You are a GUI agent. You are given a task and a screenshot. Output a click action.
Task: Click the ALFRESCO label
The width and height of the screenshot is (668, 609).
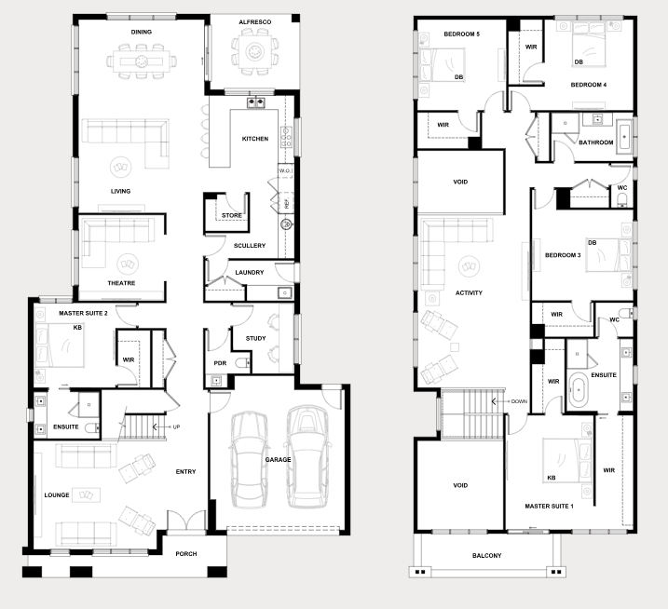[x=254, y=21]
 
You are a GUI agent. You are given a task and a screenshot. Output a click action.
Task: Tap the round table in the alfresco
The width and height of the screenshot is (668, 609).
[x=255, y=52]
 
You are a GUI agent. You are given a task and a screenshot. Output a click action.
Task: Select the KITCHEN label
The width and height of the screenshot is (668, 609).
[x=255, y=139]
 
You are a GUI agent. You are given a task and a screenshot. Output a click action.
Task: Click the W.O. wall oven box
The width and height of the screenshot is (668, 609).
[x=285, y=170]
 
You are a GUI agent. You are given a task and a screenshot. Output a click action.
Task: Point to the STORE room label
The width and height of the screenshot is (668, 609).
[x=232, y=215]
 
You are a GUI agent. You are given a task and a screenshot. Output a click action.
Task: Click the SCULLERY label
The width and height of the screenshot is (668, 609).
[x=250, y=245]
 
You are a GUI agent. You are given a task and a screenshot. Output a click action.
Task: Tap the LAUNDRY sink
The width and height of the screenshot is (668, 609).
[x=284, y=293]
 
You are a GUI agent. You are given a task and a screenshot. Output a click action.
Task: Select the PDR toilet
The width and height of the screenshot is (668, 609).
[x=242, y=363]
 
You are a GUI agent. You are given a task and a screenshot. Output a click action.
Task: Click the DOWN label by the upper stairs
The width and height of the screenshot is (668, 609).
[x=519, y=401]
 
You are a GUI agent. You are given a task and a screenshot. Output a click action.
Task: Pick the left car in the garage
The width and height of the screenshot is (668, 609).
[x=250, y=459]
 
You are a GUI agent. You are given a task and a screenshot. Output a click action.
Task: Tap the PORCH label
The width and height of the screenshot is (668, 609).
[x=186, y=554]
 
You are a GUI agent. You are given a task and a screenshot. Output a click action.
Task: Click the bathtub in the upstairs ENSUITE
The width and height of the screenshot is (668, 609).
[x=579, y=389]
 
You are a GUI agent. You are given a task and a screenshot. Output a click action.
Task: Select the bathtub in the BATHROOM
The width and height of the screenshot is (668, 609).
[x=624, y=136]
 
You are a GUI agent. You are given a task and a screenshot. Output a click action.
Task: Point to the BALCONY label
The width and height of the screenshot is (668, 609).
[x=487, y=555]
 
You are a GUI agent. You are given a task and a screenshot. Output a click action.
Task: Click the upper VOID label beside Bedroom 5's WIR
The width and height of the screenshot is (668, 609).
[x=460, y=182]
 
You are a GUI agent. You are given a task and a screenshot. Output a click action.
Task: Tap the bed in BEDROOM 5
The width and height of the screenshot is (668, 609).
[x=443, y=65]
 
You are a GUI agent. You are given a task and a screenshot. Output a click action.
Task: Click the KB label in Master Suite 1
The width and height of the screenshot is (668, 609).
[x=552, y=478]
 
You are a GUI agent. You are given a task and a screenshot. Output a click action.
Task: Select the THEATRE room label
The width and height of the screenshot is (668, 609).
[x=121, y=283]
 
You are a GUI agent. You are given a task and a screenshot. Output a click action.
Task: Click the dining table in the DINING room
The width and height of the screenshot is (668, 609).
[x=142, y=61]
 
